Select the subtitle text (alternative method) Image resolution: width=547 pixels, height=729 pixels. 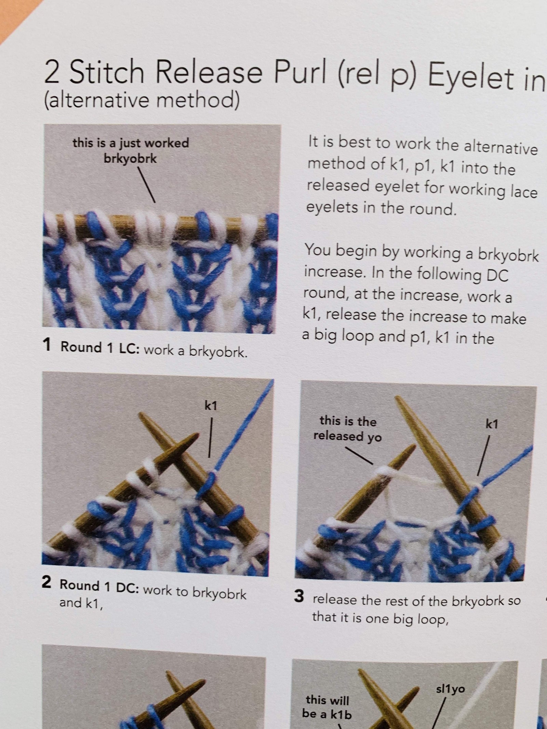[x=142, y=100]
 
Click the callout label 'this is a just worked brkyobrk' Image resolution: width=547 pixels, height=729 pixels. [x=131, y=150]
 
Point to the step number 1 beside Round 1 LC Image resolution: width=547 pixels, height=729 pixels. [x=48, y=345]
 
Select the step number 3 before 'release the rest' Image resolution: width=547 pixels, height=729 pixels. [x=299, y=596]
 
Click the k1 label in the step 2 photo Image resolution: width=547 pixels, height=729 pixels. [x=211, y=406]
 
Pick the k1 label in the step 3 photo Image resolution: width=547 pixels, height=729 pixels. [x=492, y=424]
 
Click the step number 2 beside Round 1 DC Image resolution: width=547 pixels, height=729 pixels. [x=46, y=582]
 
